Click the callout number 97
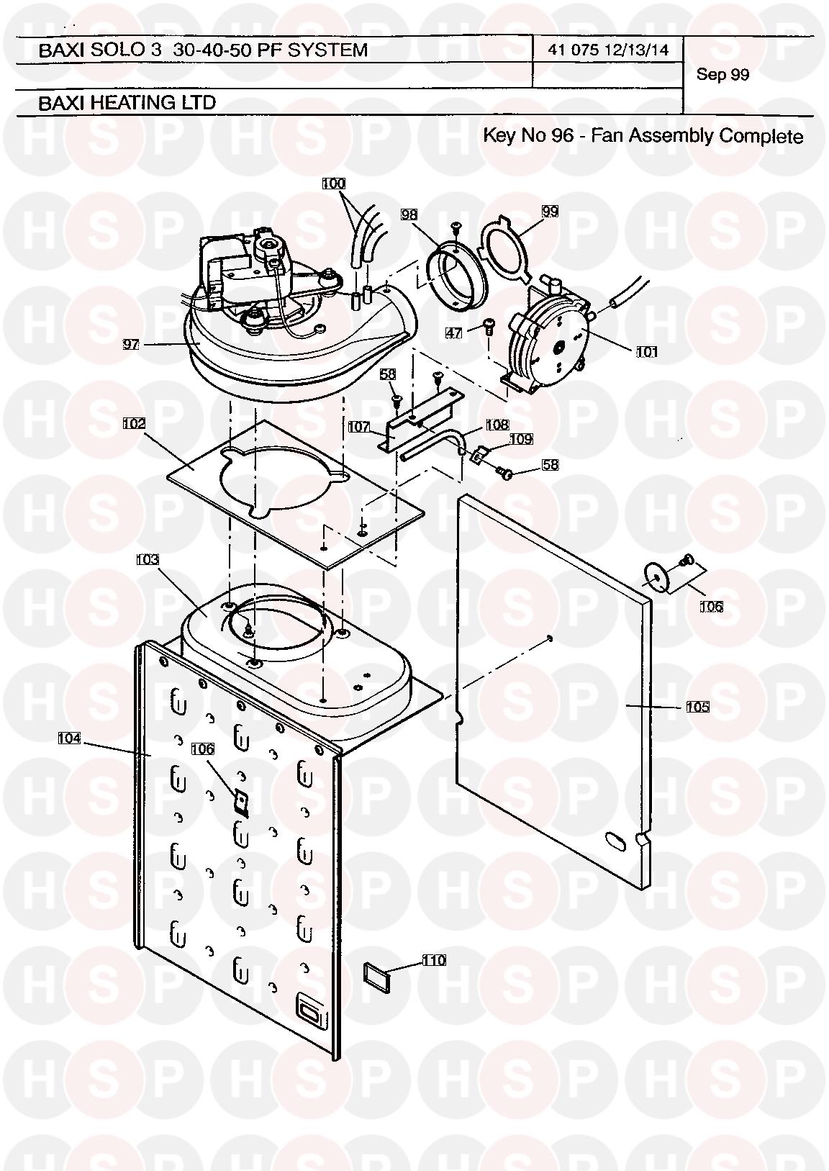click(131, 345)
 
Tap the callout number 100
click(333, 184)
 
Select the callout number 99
click(550, 212)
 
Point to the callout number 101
click(646, 352)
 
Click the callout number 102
click(134, 423)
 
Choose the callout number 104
click(70, 738)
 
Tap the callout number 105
click(697, 707)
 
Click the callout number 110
click(434, 960)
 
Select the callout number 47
click(453, 333)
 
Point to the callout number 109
click(520, 439)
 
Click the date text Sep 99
click(722, 75)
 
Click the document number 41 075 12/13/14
click(608, 50)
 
